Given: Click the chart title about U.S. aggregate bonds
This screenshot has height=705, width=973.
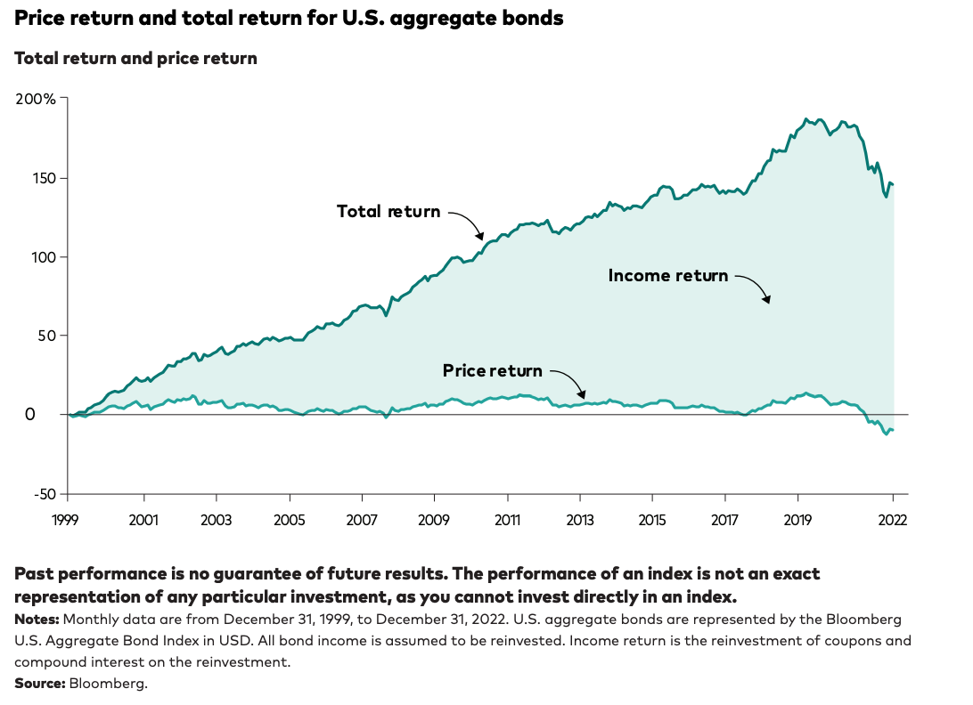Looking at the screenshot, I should tap(289, 18).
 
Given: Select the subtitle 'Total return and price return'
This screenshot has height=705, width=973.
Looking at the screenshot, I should tap(135, 59).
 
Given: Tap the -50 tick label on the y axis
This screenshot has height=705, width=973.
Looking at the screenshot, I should tap(43, 494).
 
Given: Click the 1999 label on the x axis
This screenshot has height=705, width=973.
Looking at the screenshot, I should tap(69, 520).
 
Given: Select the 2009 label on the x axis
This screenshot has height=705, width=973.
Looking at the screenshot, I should tap(434, 520).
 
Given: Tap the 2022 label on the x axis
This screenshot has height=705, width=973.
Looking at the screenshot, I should tap(892, 520).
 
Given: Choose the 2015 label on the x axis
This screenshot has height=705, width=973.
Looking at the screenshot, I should tap(652, 520).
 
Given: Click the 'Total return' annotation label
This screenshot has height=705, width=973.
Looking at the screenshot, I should tap(388, 212).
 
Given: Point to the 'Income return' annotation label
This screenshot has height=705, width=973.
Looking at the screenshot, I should tap(667, 276).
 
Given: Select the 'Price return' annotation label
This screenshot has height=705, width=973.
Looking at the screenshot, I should tap(492, 370).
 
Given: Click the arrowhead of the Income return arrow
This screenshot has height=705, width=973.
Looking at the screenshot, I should tap(767, 301).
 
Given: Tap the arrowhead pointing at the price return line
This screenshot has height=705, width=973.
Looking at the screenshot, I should tap(582, 395).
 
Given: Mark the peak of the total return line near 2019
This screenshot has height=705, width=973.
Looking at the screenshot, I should tap(805, 118).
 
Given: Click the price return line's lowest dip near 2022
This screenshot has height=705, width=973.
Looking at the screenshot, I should tap(886, 434).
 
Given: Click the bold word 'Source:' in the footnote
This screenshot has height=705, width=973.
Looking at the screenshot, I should tap(39, 683).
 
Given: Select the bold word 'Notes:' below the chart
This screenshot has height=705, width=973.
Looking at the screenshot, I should tap(37, 618).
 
